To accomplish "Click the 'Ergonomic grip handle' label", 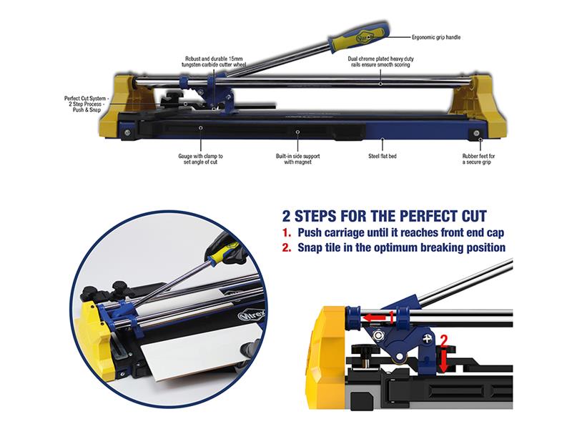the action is tap(436, 37).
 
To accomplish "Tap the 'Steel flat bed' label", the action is tap(383, 156).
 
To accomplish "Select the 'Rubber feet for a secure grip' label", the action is tap(478, 159).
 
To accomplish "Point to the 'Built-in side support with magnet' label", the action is tap(297, 159).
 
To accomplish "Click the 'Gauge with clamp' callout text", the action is tap(200, 159).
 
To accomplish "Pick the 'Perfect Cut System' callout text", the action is tap(86, 104).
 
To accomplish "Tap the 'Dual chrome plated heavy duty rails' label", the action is tap(380, 61).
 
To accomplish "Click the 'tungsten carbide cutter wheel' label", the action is tap(214, 61).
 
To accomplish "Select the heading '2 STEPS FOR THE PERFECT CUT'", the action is tap(385, 216).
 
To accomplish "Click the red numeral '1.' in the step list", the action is tap(287, 233).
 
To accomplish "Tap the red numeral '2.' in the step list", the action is tap(287, 247).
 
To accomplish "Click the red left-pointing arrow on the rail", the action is tap(375, 317).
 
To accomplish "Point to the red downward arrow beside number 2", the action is tap(443, 360).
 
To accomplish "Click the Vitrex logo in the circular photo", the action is tap(252, 314).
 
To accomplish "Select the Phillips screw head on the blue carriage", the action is tap(427, 338).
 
